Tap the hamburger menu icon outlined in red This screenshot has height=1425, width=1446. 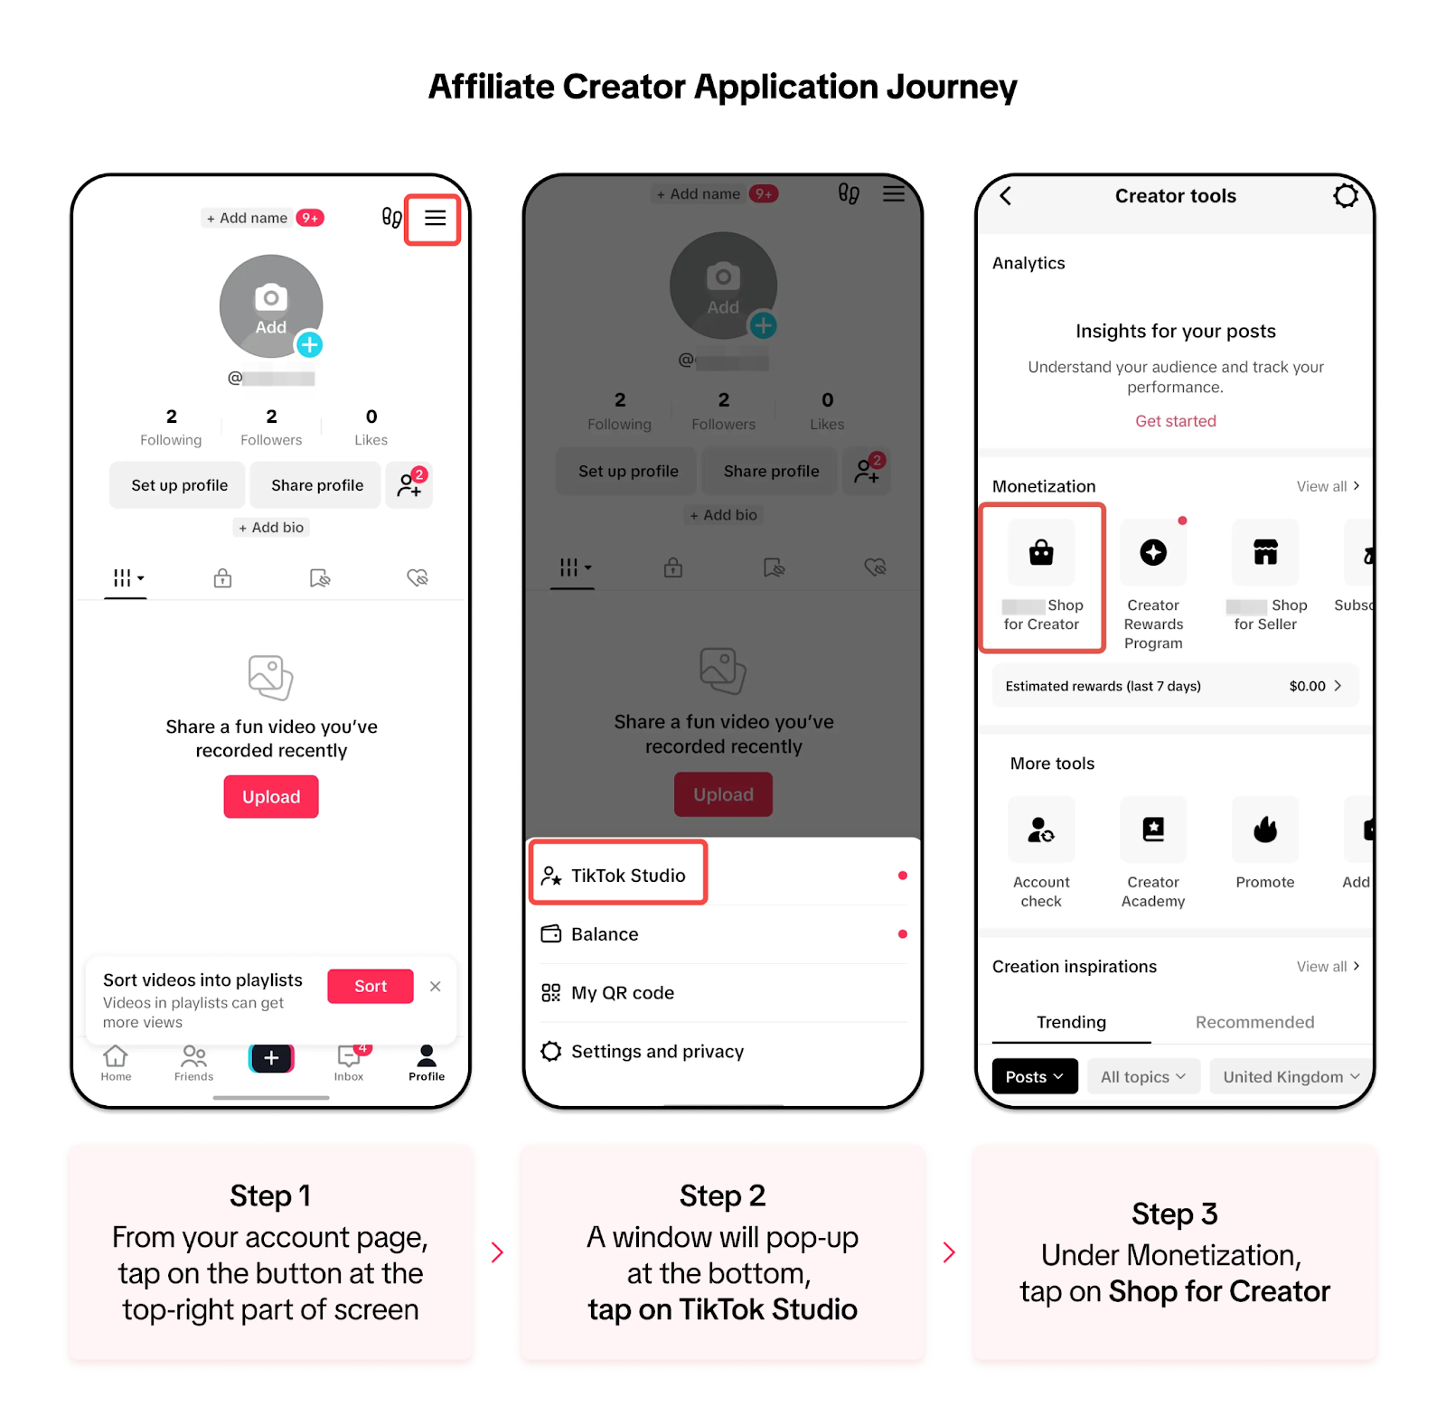pos(435,218)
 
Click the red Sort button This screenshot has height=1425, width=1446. pos(371,986)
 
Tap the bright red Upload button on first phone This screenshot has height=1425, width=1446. pos(271,797)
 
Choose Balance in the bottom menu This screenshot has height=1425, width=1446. pos(605,934)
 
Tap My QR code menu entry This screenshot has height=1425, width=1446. pos(622,993)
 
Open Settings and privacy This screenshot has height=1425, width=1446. pos(657,1052)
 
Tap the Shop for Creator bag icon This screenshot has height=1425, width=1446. pos(1041,552)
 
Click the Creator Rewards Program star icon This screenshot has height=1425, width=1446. pos(1153,552)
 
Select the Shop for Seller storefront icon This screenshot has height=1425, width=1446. pos(1265,552)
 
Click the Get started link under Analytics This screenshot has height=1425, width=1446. pos(1176,421)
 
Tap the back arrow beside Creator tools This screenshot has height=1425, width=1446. pos(1006,196)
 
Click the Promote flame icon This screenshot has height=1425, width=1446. pos(1265,830)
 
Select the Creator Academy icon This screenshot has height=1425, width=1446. pos(1153,830)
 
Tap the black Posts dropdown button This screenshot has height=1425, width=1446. pos(1035,1076)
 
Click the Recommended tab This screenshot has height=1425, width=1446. pos(1254,1022)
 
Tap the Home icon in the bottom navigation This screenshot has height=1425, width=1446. pos(116,1061)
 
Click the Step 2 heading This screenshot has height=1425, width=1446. pos(722,1195)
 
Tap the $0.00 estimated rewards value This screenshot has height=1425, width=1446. pos(1308,686)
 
